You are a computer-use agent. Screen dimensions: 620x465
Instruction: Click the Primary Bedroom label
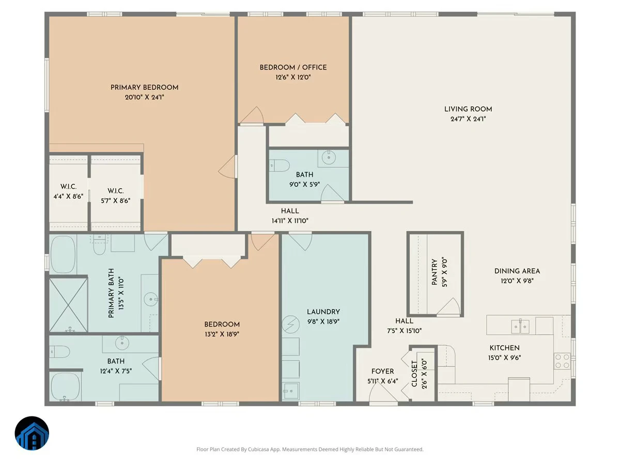click(144, 87)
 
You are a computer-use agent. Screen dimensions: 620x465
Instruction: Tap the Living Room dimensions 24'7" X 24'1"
click(468, 119)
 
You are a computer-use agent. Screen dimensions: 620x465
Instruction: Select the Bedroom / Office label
click(293, 68)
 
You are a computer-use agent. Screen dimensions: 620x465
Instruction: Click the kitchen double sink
click(520, 327)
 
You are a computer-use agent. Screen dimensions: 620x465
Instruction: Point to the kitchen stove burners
click(562, 361)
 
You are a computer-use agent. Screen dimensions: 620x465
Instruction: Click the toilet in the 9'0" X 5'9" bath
click(279, 165)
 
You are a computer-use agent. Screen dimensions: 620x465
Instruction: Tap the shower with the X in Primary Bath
click(68, 305)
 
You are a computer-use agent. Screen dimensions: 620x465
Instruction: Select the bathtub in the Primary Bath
click(63, 254)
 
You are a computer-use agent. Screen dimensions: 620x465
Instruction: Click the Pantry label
click(435, 272)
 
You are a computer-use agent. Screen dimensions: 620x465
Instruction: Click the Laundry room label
click(323, 312)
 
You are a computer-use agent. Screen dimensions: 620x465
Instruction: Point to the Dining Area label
click(517, 271)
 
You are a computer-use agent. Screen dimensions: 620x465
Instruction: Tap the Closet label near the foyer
click(414, 374)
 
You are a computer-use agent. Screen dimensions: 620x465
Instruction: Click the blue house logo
click(32, 433)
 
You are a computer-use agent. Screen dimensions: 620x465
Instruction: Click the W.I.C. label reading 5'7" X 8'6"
click(116, 191)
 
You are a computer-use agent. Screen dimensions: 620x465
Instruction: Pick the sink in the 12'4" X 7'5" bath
click(122, 343)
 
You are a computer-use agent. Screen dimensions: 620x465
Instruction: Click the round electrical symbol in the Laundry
click(291, 324)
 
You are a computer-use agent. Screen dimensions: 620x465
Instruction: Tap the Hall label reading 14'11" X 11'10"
click(290, 211)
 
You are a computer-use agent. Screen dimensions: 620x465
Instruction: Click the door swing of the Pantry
click(449, 306)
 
